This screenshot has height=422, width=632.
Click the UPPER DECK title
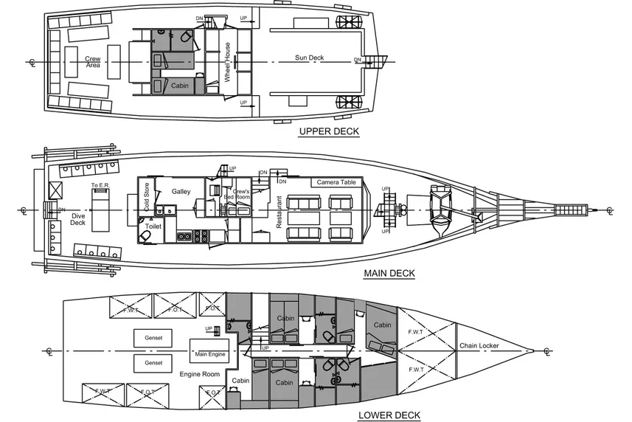pos(328,132)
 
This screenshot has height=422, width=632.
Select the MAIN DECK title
pos(389,274)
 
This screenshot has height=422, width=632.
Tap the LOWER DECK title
pos(389,415)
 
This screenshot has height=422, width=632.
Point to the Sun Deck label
pos(309,58)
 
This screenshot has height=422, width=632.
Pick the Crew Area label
pos(93,62)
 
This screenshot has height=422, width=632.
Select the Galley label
pos(181,191)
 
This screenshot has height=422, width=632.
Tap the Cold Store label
pos(147,200)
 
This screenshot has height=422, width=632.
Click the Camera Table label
pos(337,182)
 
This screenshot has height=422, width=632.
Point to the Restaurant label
pos(279,211)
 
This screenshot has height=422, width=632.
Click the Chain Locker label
pos(479,346)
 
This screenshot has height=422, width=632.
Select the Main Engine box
pos(209,353)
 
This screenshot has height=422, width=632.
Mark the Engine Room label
pos(201,374)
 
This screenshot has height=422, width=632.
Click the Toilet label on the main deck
pos(153,226)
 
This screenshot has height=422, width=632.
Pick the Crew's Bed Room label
pos(243,194)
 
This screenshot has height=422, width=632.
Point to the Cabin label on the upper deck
pos(180,86)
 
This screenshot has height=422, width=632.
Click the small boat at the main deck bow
pos(441,210)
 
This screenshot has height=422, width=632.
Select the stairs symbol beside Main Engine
pos(218,331)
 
